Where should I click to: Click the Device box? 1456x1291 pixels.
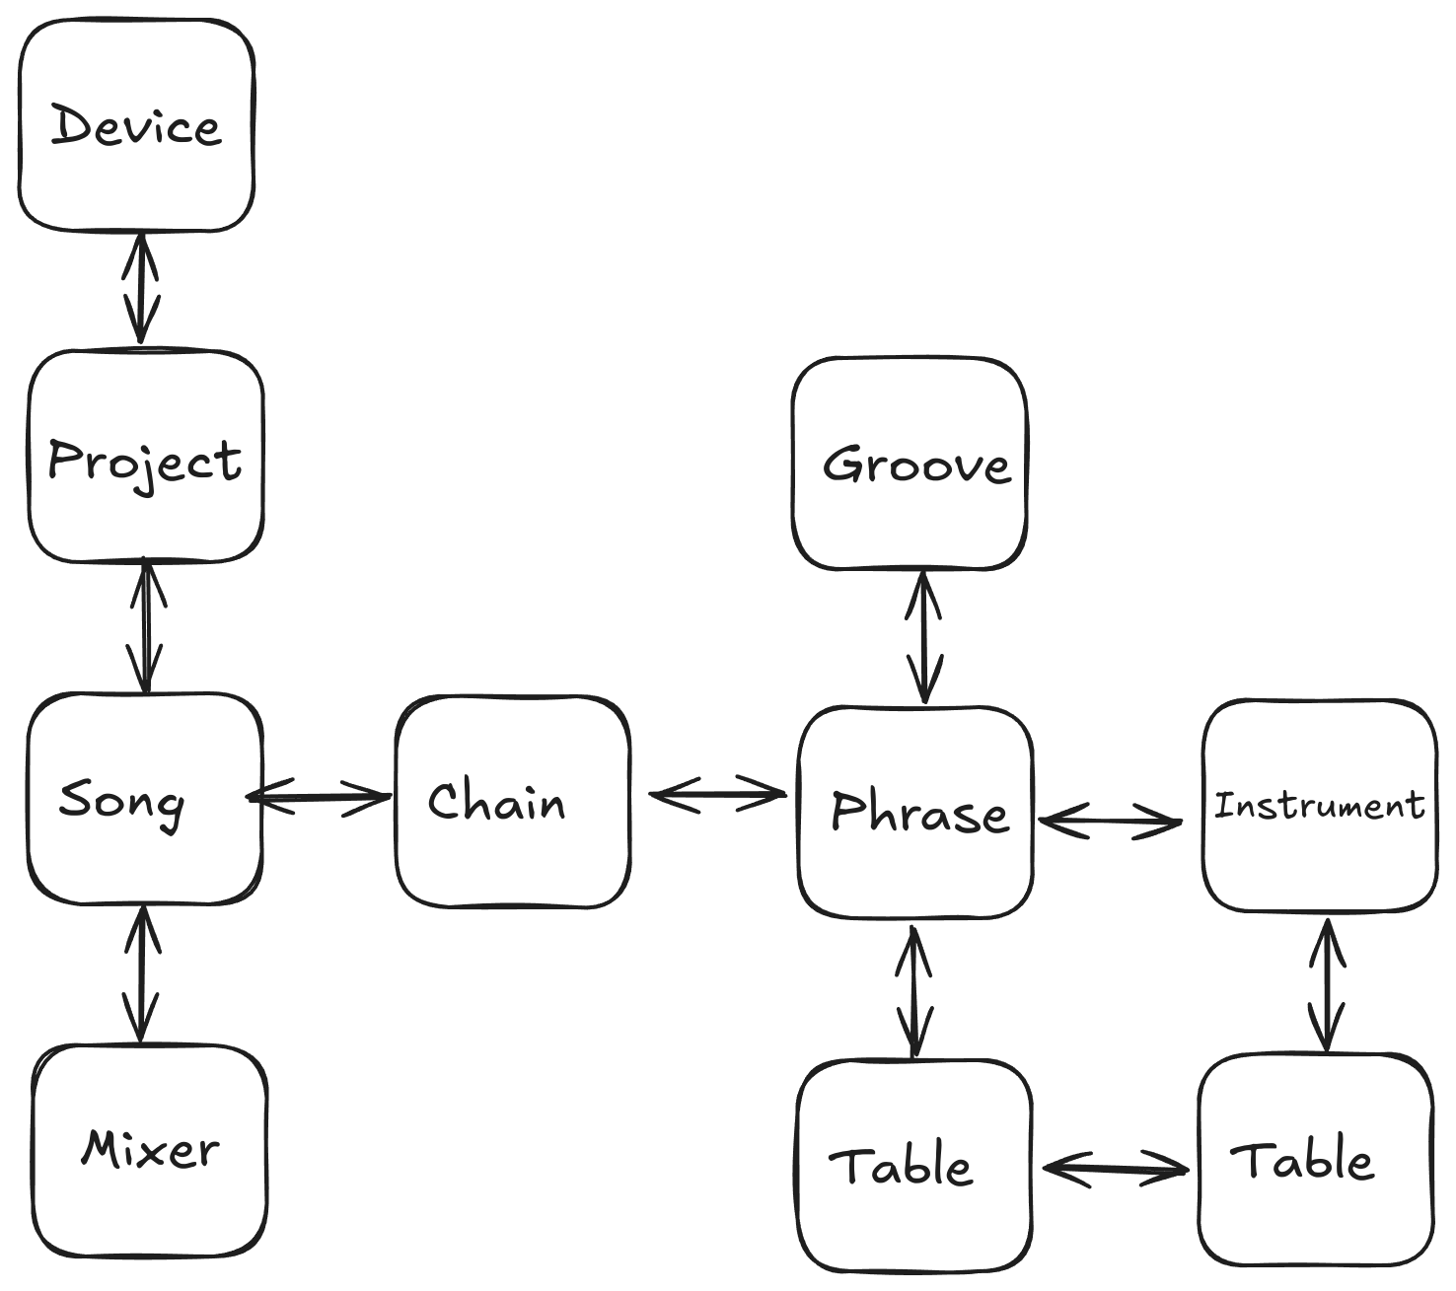tap(136, 125)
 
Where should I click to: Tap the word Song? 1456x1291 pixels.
tap(121, 799)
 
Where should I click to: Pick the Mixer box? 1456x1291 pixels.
tap(150, 1150)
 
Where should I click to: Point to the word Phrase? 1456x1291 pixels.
tap(918, 812)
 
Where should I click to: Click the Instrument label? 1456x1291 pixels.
tap(1319, 806)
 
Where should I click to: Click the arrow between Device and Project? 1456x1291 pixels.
tap(142, 288)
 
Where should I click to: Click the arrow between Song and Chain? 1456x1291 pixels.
tap(321, 797)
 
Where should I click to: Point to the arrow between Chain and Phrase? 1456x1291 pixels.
tap(716, 794)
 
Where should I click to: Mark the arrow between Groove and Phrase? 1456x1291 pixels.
tap(923, 637)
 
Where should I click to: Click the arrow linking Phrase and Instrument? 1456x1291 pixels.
tap(1110, 820)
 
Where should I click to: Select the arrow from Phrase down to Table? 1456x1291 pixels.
tap(914, 990)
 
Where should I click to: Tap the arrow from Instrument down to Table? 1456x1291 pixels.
tap(1327, 985)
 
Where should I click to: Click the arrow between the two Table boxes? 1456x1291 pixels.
tap(1115, 1170)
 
